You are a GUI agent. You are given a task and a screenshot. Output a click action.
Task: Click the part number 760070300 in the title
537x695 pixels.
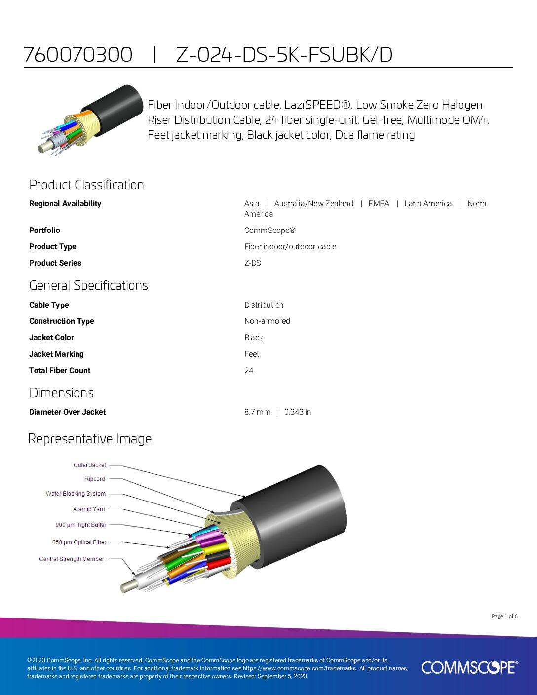coord(78,55)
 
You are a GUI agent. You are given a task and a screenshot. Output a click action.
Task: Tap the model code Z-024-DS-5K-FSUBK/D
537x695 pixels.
coord(284,55)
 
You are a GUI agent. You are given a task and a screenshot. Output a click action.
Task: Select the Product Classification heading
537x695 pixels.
coord(86,185)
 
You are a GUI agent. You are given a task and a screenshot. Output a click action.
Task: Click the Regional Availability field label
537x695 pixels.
coord(65,204)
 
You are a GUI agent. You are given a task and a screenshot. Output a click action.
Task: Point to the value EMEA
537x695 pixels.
coord(379,204)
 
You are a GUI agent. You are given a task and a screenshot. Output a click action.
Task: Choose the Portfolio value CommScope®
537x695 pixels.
coord(270,231)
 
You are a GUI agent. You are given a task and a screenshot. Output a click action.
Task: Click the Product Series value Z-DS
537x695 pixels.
coord(253,263)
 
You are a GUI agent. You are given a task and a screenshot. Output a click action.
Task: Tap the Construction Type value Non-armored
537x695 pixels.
coord(267,321)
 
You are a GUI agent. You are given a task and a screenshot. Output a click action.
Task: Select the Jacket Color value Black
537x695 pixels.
coord(253,338)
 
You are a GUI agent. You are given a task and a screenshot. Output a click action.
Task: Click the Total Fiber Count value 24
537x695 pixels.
coord(249,370)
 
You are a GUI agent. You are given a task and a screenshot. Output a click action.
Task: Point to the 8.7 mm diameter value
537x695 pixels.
coord(258,412)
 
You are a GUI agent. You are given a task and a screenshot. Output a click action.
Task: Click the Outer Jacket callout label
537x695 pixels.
coord(89,465)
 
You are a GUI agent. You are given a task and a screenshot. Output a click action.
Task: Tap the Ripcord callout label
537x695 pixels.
coord(94,479)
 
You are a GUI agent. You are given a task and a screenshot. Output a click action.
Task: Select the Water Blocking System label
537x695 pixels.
coord(76,494)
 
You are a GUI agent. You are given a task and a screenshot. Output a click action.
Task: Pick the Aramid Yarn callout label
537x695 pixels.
coord(88,509)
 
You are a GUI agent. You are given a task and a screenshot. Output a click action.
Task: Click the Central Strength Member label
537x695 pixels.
coord(72,559)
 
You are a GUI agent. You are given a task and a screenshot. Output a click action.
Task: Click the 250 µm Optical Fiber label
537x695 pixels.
coord(79,542)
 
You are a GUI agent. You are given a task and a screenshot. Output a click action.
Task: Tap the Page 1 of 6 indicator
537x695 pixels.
coord(504,617)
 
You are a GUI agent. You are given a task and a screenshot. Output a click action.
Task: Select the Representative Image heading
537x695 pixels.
coord(90,439)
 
